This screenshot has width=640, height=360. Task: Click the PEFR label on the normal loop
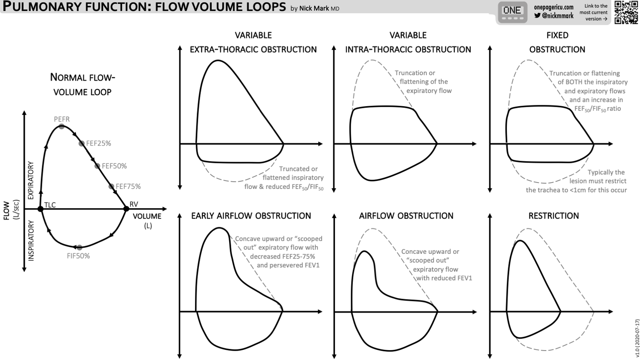click(62, 119)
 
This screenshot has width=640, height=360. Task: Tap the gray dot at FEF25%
click(81, 143)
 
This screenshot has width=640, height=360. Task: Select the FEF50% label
click(114, 166)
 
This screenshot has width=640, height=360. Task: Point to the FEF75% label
click(128, 186)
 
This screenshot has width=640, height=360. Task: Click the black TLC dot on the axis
click(41, 209)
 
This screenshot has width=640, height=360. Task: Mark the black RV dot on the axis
click(126, 209)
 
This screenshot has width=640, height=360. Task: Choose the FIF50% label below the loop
click(79, 256)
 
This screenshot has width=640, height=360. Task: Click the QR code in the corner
click(626, 12)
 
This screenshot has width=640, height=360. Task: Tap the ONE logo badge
click(512, 12)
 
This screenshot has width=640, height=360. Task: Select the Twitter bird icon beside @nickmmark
click(537, 16)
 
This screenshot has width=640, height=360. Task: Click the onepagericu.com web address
click(554, 7)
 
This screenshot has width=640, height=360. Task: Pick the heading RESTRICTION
click(553, 216)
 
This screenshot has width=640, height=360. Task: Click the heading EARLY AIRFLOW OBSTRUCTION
click(251, 216)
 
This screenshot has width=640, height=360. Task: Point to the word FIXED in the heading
click(557, 35)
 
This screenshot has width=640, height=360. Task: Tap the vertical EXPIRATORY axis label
click(31, 180)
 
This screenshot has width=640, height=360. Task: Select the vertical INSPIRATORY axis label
click(31, 241)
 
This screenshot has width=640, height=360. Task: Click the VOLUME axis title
click(147, 216)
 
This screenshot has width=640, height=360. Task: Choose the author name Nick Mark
click(314, 9)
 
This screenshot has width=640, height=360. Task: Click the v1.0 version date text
click(637, 337)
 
